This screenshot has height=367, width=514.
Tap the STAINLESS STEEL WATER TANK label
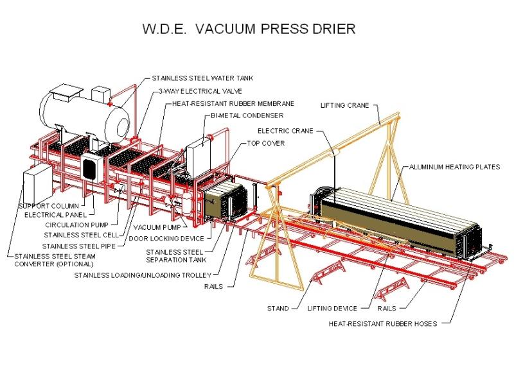point(202,78)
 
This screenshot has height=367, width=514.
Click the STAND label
point(278,309)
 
